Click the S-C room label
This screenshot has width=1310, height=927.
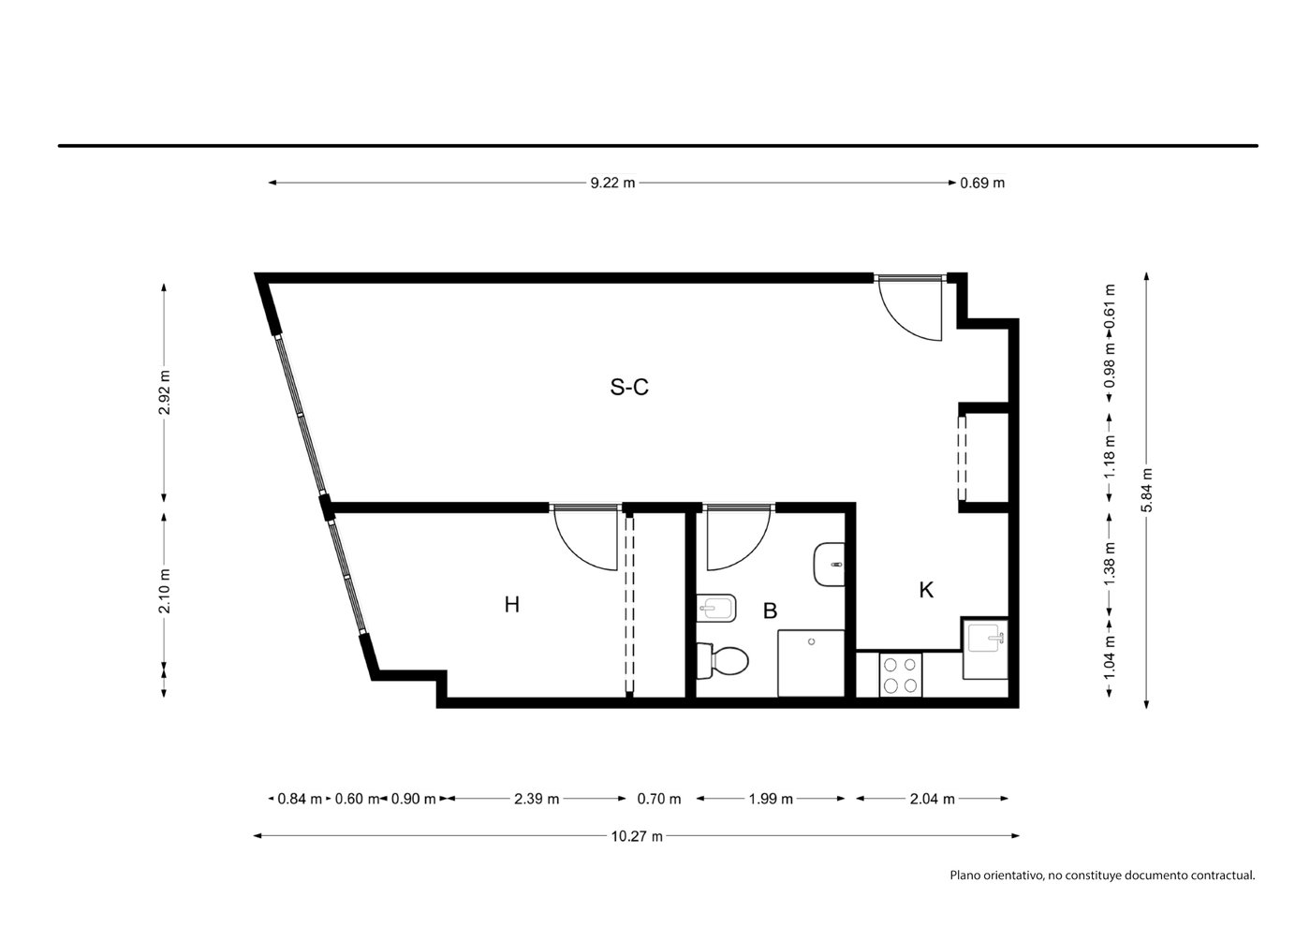629,387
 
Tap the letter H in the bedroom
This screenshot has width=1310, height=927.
511,605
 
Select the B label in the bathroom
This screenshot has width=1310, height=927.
771,611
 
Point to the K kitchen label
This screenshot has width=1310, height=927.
926,590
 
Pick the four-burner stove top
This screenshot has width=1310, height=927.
901,675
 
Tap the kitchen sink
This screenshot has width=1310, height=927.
985,648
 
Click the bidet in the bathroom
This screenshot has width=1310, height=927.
715,609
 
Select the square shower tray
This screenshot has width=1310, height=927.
811,663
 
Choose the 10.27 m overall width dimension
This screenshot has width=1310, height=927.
637,836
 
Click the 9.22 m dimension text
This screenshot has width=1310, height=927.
612,184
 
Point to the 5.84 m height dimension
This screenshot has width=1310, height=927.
1147,490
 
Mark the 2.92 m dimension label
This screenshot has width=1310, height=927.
164,391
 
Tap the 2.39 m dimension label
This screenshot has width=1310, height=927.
537,799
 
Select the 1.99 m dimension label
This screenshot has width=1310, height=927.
771,799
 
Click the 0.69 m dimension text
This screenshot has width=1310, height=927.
982,184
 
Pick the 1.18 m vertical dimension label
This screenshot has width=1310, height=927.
1110,457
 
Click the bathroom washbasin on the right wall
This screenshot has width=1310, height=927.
830,565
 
